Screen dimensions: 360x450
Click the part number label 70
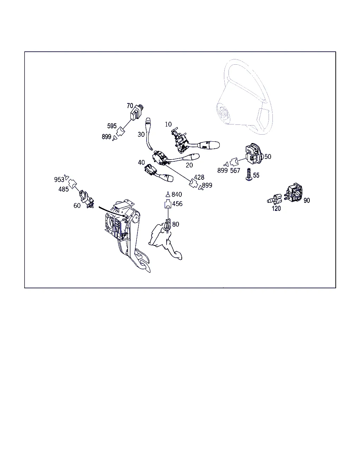click(130, 105)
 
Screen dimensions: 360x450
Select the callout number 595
click(112, 126)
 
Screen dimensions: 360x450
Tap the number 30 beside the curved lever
click(141, 134)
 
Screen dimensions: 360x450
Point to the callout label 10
click(168, 124)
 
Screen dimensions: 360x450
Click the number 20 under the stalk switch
click(189, 165)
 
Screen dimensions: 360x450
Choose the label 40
click(141, 162)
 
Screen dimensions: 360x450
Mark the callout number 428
click(199, 177)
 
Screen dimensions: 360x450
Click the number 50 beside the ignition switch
click(268, 157)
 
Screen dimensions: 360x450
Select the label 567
click(235, 171)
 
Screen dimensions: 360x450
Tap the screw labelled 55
click(249, 174)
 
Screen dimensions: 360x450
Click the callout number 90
click(307, 200)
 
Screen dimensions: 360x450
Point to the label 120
click(276, 208)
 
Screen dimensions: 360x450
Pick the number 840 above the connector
click(177, 194)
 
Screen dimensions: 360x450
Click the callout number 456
click(178, 204)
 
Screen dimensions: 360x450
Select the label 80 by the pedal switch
click(176, 224)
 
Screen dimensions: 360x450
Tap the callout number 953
click(59, 180)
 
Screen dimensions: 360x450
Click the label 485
click(64, 189)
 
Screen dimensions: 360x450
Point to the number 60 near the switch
click(77, 206)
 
